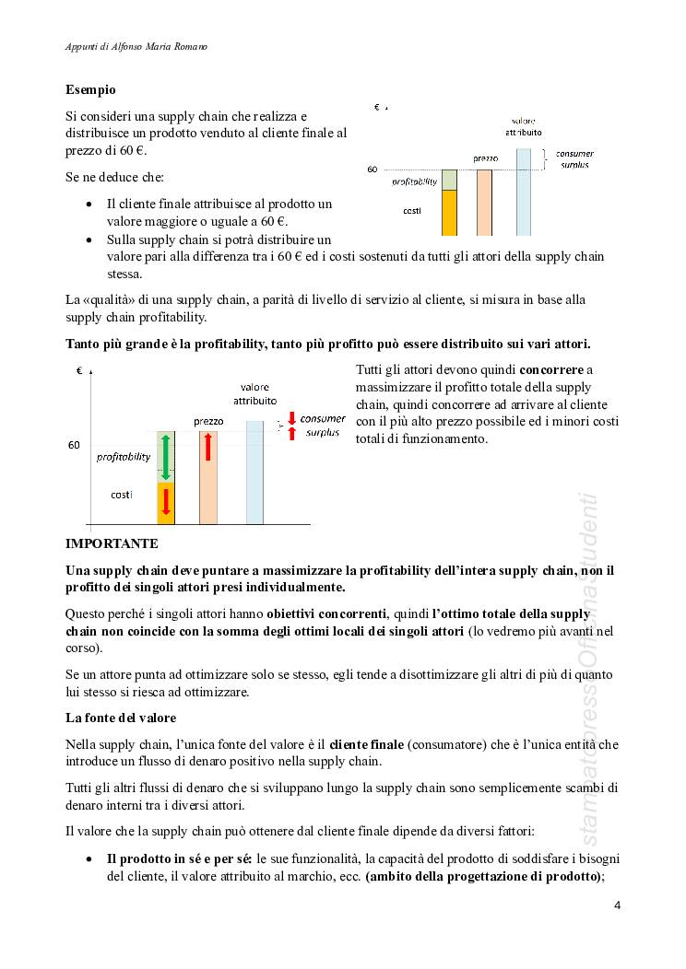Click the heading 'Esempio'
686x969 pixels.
(x=90, y=90)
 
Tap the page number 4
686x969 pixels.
(x=617, y=905)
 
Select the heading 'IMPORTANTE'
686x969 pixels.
(x=112, y=543)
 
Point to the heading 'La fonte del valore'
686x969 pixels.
(x=120, y=717)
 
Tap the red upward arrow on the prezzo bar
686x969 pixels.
(x=208, y=445)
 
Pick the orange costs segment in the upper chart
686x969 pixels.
(x=449, y=213)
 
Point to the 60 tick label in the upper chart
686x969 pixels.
(x=373, y=169)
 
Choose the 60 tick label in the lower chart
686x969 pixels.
(x=74, y=445)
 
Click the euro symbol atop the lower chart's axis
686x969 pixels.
(x=79, y=370)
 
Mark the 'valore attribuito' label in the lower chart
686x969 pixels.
(x=254, y=394)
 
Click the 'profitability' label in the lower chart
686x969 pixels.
(x=124, y=456)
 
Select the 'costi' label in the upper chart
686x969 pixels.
(x=412, y=212)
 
